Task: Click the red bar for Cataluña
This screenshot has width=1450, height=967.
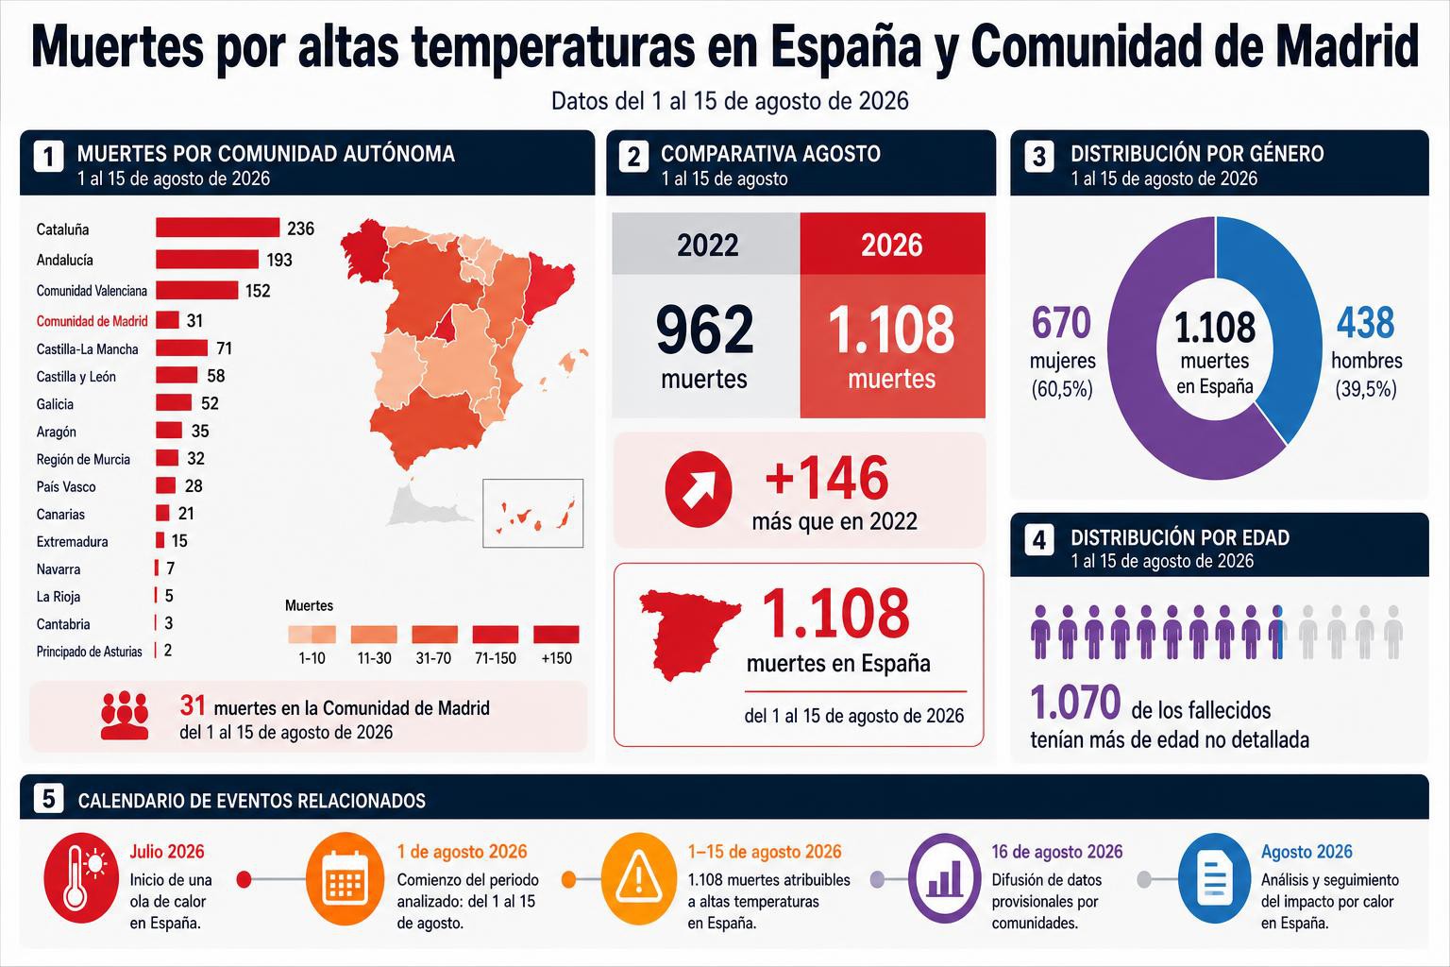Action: coord(217,228)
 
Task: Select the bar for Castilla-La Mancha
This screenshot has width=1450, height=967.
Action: coord(182,348)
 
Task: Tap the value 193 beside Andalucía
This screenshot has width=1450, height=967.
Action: coord(279,260)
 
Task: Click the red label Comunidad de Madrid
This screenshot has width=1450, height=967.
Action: coord(92,321)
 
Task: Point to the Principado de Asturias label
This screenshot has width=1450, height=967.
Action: coord(90,652)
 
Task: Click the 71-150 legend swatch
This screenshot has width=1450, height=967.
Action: coord(496,634)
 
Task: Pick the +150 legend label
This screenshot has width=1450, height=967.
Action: coord(557,659)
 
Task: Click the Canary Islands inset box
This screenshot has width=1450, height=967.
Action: coord(532,513)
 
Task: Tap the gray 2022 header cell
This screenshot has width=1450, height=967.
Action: coord(706,244)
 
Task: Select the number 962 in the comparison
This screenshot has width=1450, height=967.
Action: coord(704,331)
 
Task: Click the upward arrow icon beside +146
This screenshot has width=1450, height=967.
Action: coord(699,489)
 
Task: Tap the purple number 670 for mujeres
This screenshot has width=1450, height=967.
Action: coord(1061,323)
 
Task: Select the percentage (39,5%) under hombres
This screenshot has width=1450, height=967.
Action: coord(1366,389)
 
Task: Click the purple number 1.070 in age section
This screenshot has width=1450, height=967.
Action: coord(1075,702)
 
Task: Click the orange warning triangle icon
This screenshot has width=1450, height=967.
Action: coord(638,878)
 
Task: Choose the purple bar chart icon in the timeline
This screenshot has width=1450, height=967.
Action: coord(945,878)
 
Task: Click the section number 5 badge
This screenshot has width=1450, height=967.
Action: coord(48,799)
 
